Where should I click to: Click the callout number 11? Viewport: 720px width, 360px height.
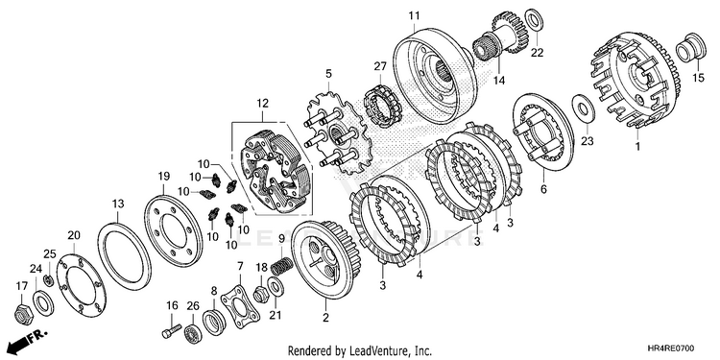(414, 16)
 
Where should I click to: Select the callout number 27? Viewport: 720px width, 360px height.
(380, 66)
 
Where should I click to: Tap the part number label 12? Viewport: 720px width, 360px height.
(262, 104)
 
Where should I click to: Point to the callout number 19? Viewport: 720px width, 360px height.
(164, 177)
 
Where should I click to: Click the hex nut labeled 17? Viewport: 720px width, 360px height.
(21, 314)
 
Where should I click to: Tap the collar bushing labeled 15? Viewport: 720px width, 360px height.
(691, 46)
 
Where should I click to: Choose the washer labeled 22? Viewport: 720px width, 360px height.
(534, 20)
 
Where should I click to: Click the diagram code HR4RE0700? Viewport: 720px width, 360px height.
(671, 348)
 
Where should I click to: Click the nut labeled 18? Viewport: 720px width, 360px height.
(260, 294)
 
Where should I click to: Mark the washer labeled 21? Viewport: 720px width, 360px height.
(275, 287)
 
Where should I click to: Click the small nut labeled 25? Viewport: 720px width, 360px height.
(48, 279)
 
